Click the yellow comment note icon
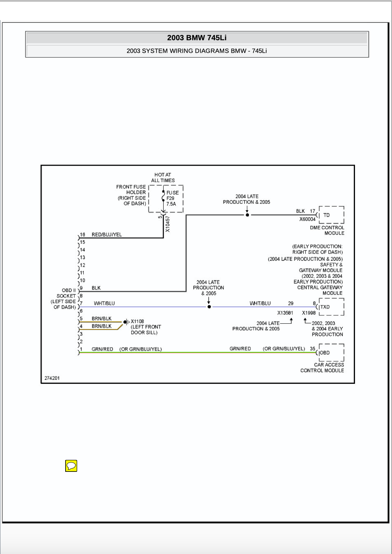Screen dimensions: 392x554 coord(71,466)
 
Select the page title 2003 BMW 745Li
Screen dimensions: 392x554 coord(197,37)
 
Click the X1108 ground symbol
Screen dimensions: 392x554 coord(127,322)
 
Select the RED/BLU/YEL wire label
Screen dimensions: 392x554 coord(106,235)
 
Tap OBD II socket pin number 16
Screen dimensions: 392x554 coord(82,234)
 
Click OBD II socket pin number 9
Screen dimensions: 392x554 coord(81,288)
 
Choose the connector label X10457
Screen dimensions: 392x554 coord(167,224)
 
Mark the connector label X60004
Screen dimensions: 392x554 coord(308,219)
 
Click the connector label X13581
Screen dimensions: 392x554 coord(285,313)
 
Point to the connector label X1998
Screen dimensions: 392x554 coord(309,313)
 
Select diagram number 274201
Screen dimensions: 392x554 coord(52,378)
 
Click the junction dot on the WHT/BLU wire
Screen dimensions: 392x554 coord(209,307)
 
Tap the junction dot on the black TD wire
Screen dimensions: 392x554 coord(247,215)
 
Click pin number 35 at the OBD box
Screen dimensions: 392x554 coord(313,348)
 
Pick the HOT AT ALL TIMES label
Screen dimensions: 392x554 coord(163,177)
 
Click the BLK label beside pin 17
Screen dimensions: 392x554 coord(301,211)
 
